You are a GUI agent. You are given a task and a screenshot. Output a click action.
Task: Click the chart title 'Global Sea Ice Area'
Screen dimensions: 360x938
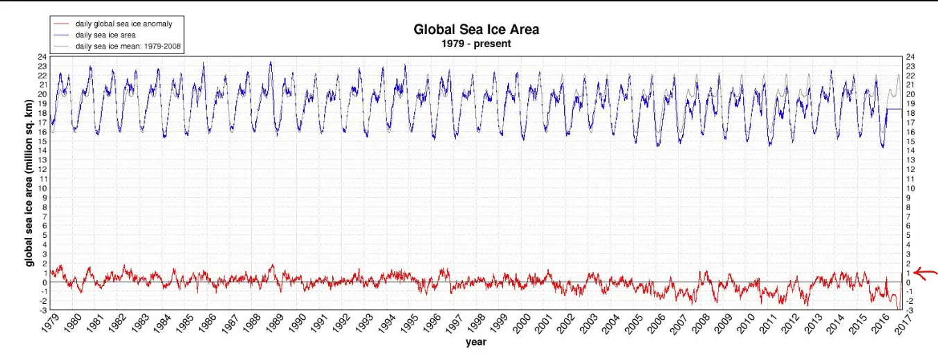point(476,30)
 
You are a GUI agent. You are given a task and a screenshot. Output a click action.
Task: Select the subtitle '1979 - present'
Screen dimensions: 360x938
point(476,43)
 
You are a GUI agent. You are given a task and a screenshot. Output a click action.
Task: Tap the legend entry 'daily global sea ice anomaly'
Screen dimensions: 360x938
point(123,24)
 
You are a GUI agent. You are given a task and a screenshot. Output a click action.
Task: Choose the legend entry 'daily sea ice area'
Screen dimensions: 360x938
point(106,35)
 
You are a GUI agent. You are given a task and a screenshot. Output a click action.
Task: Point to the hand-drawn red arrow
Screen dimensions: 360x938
point(926,273)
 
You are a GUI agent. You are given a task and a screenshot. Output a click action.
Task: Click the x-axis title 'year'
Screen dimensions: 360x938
point(476,341)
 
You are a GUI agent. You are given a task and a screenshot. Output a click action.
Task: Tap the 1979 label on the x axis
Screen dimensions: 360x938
point(49,325)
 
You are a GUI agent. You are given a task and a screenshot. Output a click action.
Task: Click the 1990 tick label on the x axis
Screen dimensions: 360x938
point(297,325)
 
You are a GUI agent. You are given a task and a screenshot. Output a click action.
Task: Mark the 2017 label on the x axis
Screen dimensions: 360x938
point(903,325)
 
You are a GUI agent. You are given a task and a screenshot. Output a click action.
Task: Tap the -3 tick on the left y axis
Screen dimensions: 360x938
point(43,310)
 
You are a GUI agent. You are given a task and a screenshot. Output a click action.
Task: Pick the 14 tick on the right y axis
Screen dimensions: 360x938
point(910,151)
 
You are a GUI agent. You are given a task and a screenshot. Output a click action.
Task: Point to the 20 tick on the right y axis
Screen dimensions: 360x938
point(910,94)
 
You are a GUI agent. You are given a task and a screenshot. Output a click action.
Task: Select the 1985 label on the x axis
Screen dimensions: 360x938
point(185,325)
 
